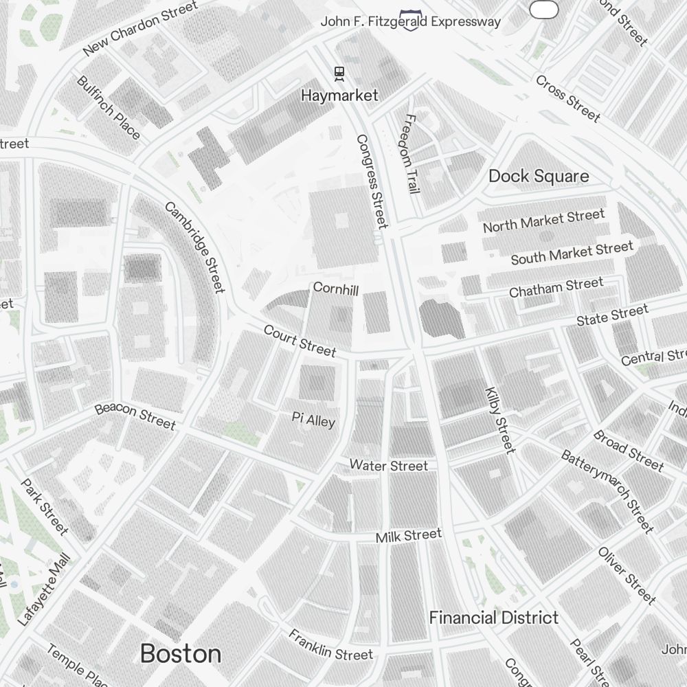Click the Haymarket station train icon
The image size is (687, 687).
tap(339, 72)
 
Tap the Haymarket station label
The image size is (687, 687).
tap(339, 95)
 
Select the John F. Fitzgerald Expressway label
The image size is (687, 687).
tap(411, 22)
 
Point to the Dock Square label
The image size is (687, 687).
tap(539, 177)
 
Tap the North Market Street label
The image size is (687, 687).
tap(543, 221)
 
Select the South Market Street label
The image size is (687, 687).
tap(572, 253)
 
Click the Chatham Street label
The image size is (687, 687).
tap(556, 287)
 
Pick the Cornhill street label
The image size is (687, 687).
tap(336, 289)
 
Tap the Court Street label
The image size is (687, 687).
tap(300, 341)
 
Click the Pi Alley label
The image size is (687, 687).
tap(313, 419)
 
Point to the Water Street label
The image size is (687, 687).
tap(389, 466)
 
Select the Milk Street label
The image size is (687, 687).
tap(409, 535)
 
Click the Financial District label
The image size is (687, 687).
tap(494, 618)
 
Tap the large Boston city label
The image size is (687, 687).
tap(181, 653)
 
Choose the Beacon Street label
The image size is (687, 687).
tap(135, 416)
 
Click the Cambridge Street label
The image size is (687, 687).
tap(195, 247)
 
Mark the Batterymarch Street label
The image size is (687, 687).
tap(607, 491)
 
